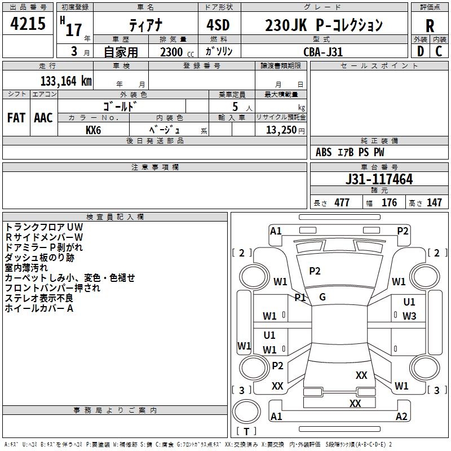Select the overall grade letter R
430,26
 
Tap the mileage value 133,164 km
66,81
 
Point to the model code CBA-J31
322,52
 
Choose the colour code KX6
94,130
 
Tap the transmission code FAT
16,118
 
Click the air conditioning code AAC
43,118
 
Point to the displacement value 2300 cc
172,52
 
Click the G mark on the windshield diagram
322,297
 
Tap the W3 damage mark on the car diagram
409,316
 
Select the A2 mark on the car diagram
401,417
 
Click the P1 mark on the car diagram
300,297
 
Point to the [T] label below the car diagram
246,432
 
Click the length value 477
342,203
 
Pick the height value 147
434,203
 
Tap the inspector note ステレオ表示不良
39,298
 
